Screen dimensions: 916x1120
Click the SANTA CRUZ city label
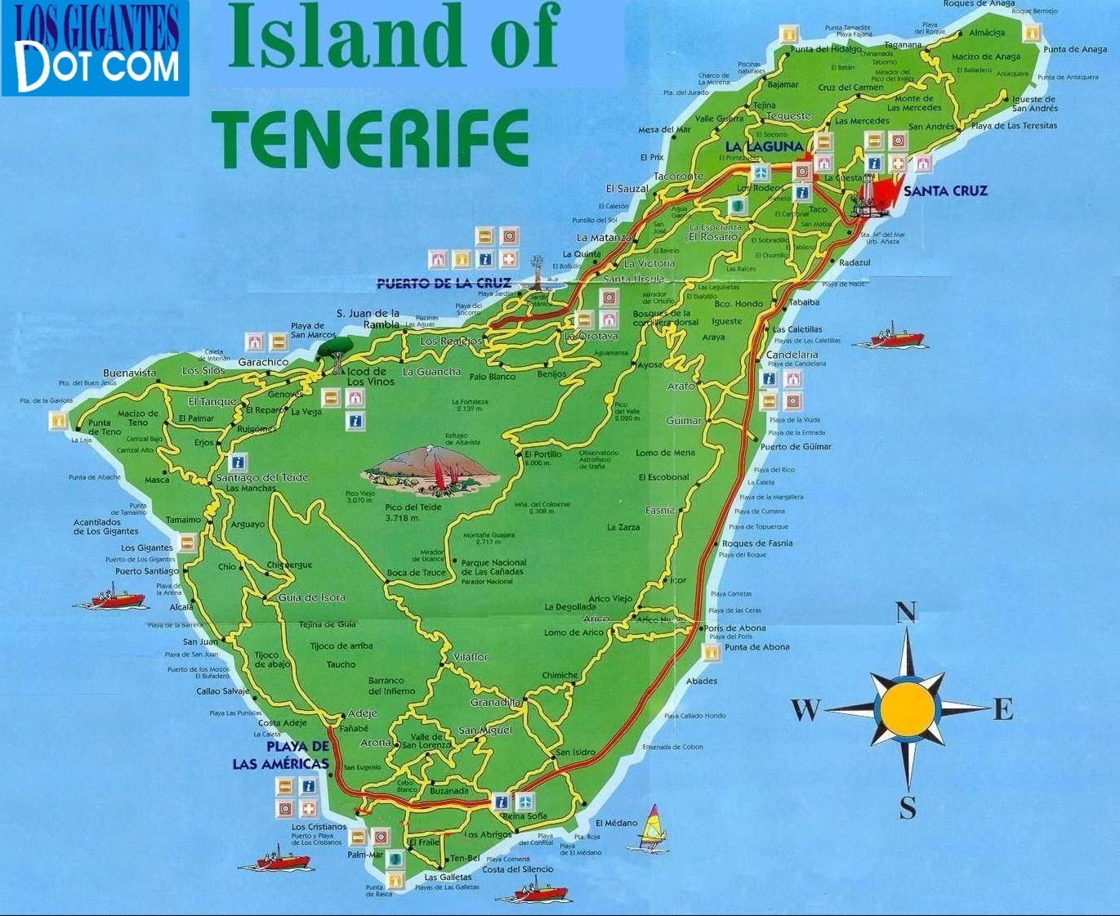tap(945, 191)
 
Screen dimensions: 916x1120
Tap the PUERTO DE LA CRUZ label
tap(444, 284)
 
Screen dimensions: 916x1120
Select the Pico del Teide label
tap(413, 507)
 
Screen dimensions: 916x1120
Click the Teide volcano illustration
tap(431, 472)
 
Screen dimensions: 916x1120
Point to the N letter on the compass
tap(906, 613)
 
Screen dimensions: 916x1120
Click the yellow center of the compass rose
tap(907, 708)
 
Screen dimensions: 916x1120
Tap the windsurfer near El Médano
tap(653, 826)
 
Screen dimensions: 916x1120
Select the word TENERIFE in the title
tap(370, 139)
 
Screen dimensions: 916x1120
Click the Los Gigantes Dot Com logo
tap(96, 48)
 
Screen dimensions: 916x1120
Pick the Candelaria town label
tap(792, 355)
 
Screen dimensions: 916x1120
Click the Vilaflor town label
tap(470, 657)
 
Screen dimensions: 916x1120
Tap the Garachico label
tap(263, 362)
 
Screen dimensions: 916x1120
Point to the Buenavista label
tap(129, 373)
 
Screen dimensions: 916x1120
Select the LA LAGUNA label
tap(765, 146)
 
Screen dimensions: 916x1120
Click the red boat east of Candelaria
tap(896, 337)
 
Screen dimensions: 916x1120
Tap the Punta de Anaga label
tap(1075, 50)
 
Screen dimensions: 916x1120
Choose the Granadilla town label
tap(495, 703)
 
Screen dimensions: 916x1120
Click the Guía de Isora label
tap(311, 597)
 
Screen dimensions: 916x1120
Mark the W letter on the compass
tap(805, 709)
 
